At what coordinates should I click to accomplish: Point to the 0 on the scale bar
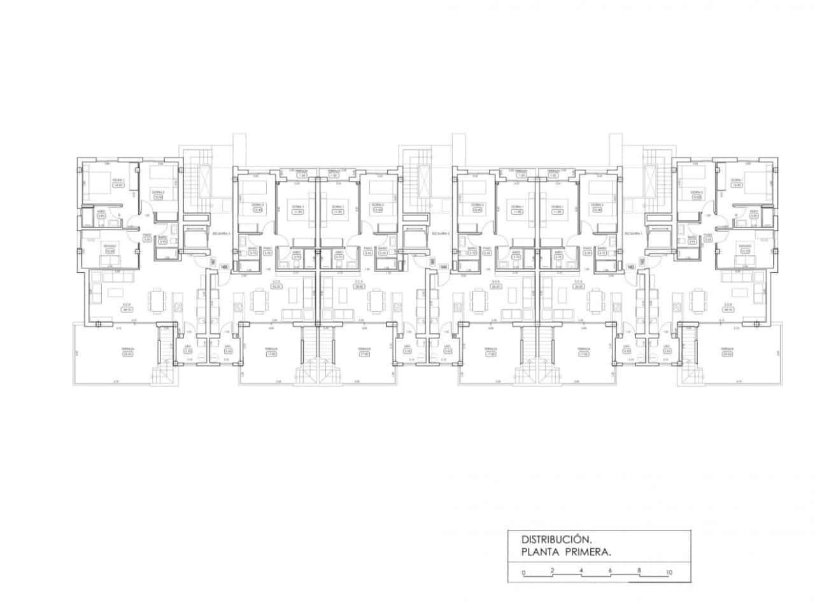pyautogui.click(x=523, y=573)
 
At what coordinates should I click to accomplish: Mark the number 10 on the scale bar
pyautogui.click(x=668, y=573)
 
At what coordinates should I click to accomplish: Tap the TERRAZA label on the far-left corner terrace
pyautogui.click(x=115, y=349)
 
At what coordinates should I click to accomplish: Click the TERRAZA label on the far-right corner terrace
pyautogui.click(x=727, y=349)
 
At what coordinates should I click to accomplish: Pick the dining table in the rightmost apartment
pyautogui.click(x=698, y=299)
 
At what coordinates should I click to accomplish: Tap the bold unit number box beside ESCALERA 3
pyautogui.click(x=223, y=267)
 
